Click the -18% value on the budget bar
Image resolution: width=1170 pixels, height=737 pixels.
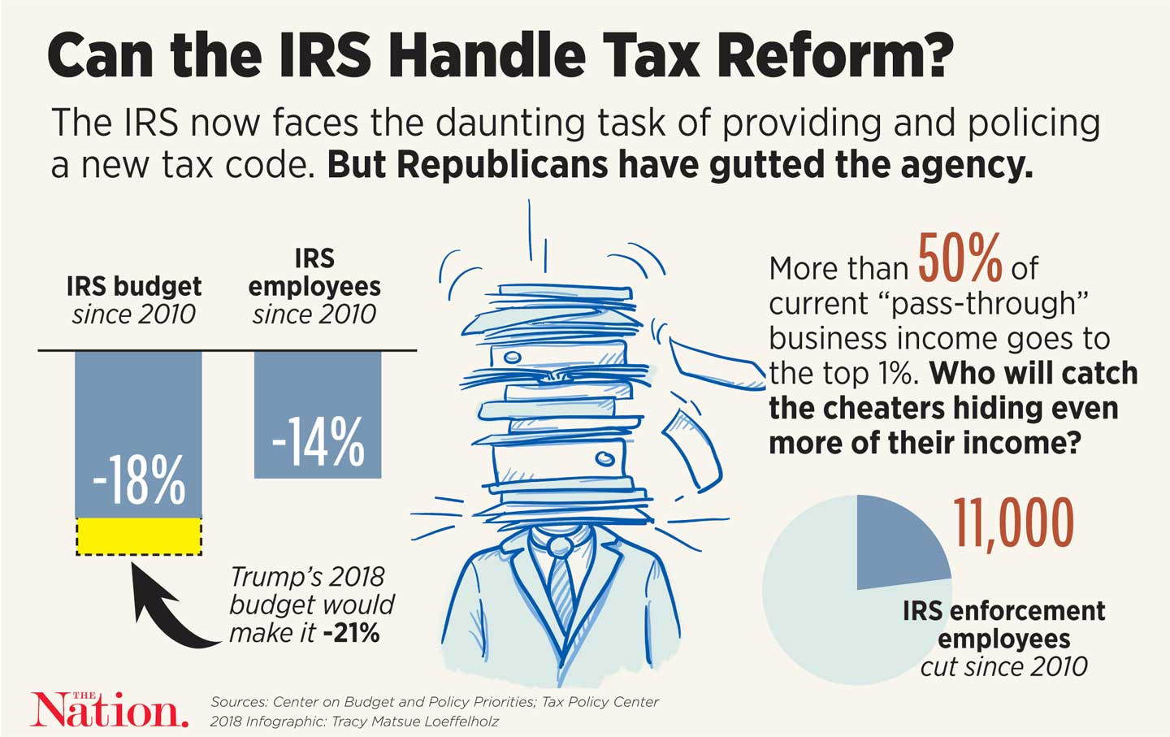click(x=139, y=479)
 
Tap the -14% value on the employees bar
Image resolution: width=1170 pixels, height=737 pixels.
click(x=318, y=442)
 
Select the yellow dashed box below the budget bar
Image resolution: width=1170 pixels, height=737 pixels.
click(x=139, y=536)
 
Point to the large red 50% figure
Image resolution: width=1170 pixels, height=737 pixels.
click(x=960, y=258)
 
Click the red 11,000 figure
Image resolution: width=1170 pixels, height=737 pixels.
click(x=1013, y=524)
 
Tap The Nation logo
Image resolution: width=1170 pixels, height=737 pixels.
click(x=109, y=709)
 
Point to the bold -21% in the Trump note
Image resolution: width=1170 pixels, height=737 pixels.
click(x=351, y=633)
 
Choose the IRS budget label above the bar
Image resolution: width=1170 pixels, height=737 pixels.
click(x=134, y=286)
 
